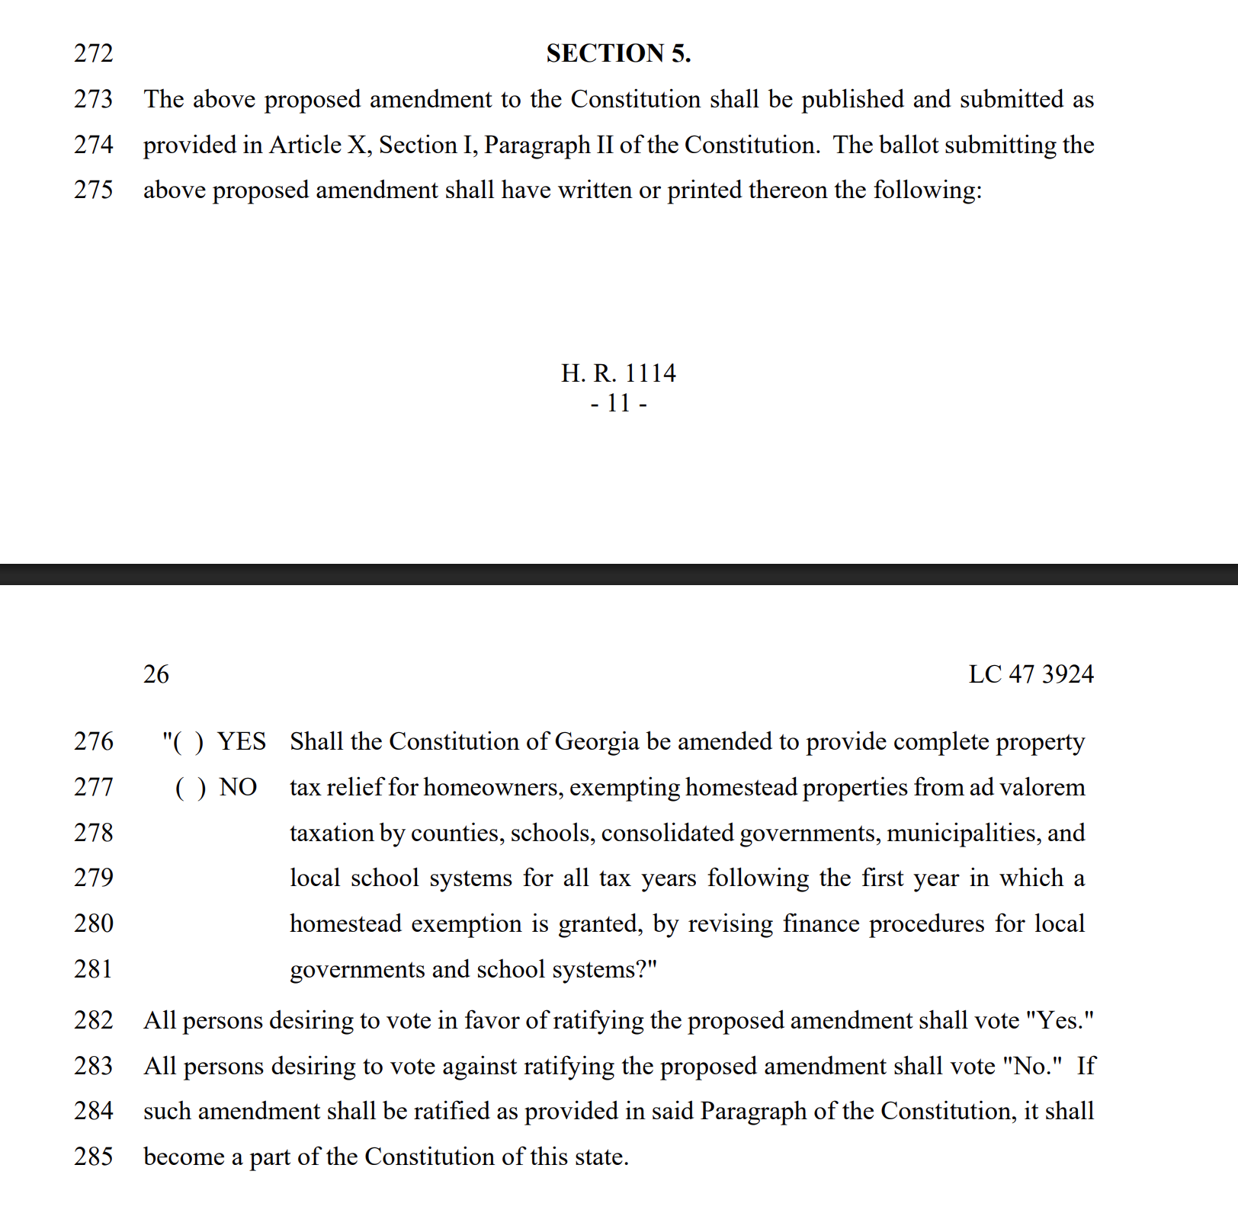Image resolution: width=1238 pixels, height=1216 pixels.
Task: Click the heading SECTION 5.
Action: (618, 53)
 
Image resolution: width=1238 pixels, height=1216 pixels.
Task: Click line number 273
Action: (93, 99)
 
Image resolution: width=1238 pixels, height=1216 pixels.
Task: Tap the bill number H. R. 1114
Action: (618, 373)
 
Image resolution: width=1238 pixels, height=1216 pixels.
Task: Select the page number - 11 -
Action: (618, 403)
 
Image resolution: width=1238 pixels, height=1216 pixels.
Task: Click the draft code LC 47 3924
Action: (1031, 674)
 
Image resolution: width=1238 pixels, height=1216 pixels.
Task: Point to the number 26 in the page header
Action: (156, 674)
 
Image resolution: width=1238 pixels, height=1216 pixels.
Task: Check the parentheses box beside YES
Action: (188, 742)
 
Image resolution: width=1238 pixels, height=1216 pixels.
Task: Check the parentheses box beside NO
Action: (191, 788)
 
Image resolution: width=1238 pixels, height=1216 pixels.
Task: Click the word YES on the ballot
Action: (242, 741)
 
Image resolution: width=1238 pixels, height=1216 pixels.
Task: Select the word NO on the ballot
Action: (238, 787)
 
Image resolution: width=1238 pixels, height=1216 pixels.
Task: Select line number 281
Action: (93, 969)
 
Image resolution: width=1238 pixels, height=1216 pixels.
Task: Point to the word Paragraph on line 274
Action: (537, 145)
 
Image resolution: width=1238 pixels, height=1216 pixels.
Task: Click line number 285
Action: (93, 1157)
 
